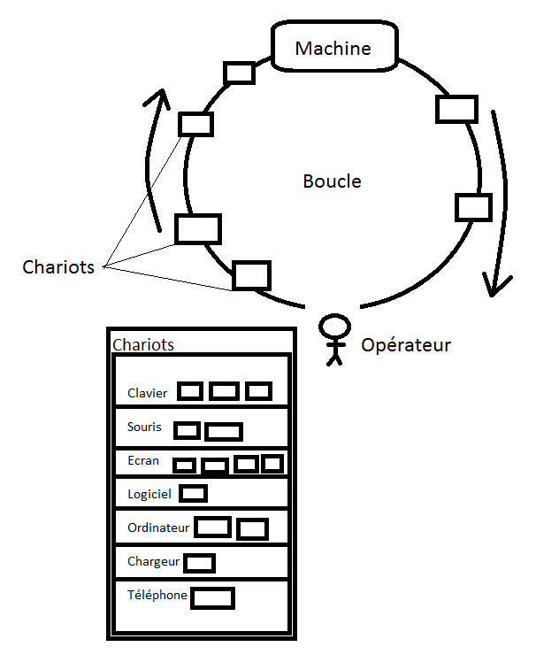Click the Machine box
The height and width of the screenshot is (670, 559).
point(332,48)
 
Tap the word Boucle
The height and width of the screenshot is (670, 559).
point(332,181)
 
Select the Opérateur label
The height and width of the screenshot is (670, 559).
point(406,345)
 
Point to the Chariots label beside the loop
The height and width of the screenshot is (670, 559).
point(58,266)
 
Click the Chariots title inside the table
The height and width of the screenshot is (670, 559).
point(143,344)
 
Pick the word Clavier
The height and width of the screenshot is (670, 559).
point(147,393)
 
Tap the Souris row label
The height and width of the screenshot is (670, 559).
point(144,427)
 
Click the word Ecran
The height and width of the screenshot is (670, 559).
point(142,460)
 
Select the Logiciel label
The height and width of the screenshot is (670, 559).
point(149,495)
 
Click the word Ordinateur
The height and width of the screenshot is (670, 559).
point(158,528)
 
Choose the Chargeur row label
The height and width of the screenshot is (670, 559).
point(153,561)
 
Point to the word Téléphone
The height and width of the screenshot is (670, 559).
point(157,595)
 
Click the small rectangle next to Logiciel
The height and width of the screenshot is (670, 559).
point(194,493)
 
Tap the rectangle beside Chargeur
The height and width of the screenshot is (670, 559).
point(199,563)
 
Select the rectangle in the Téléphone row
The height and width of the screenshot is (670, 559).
point(212,598)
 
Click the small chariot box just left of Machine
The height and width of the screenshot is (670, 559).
point(240,73)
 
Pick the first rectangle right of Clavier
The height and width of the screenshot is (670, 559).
point(190,391)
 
